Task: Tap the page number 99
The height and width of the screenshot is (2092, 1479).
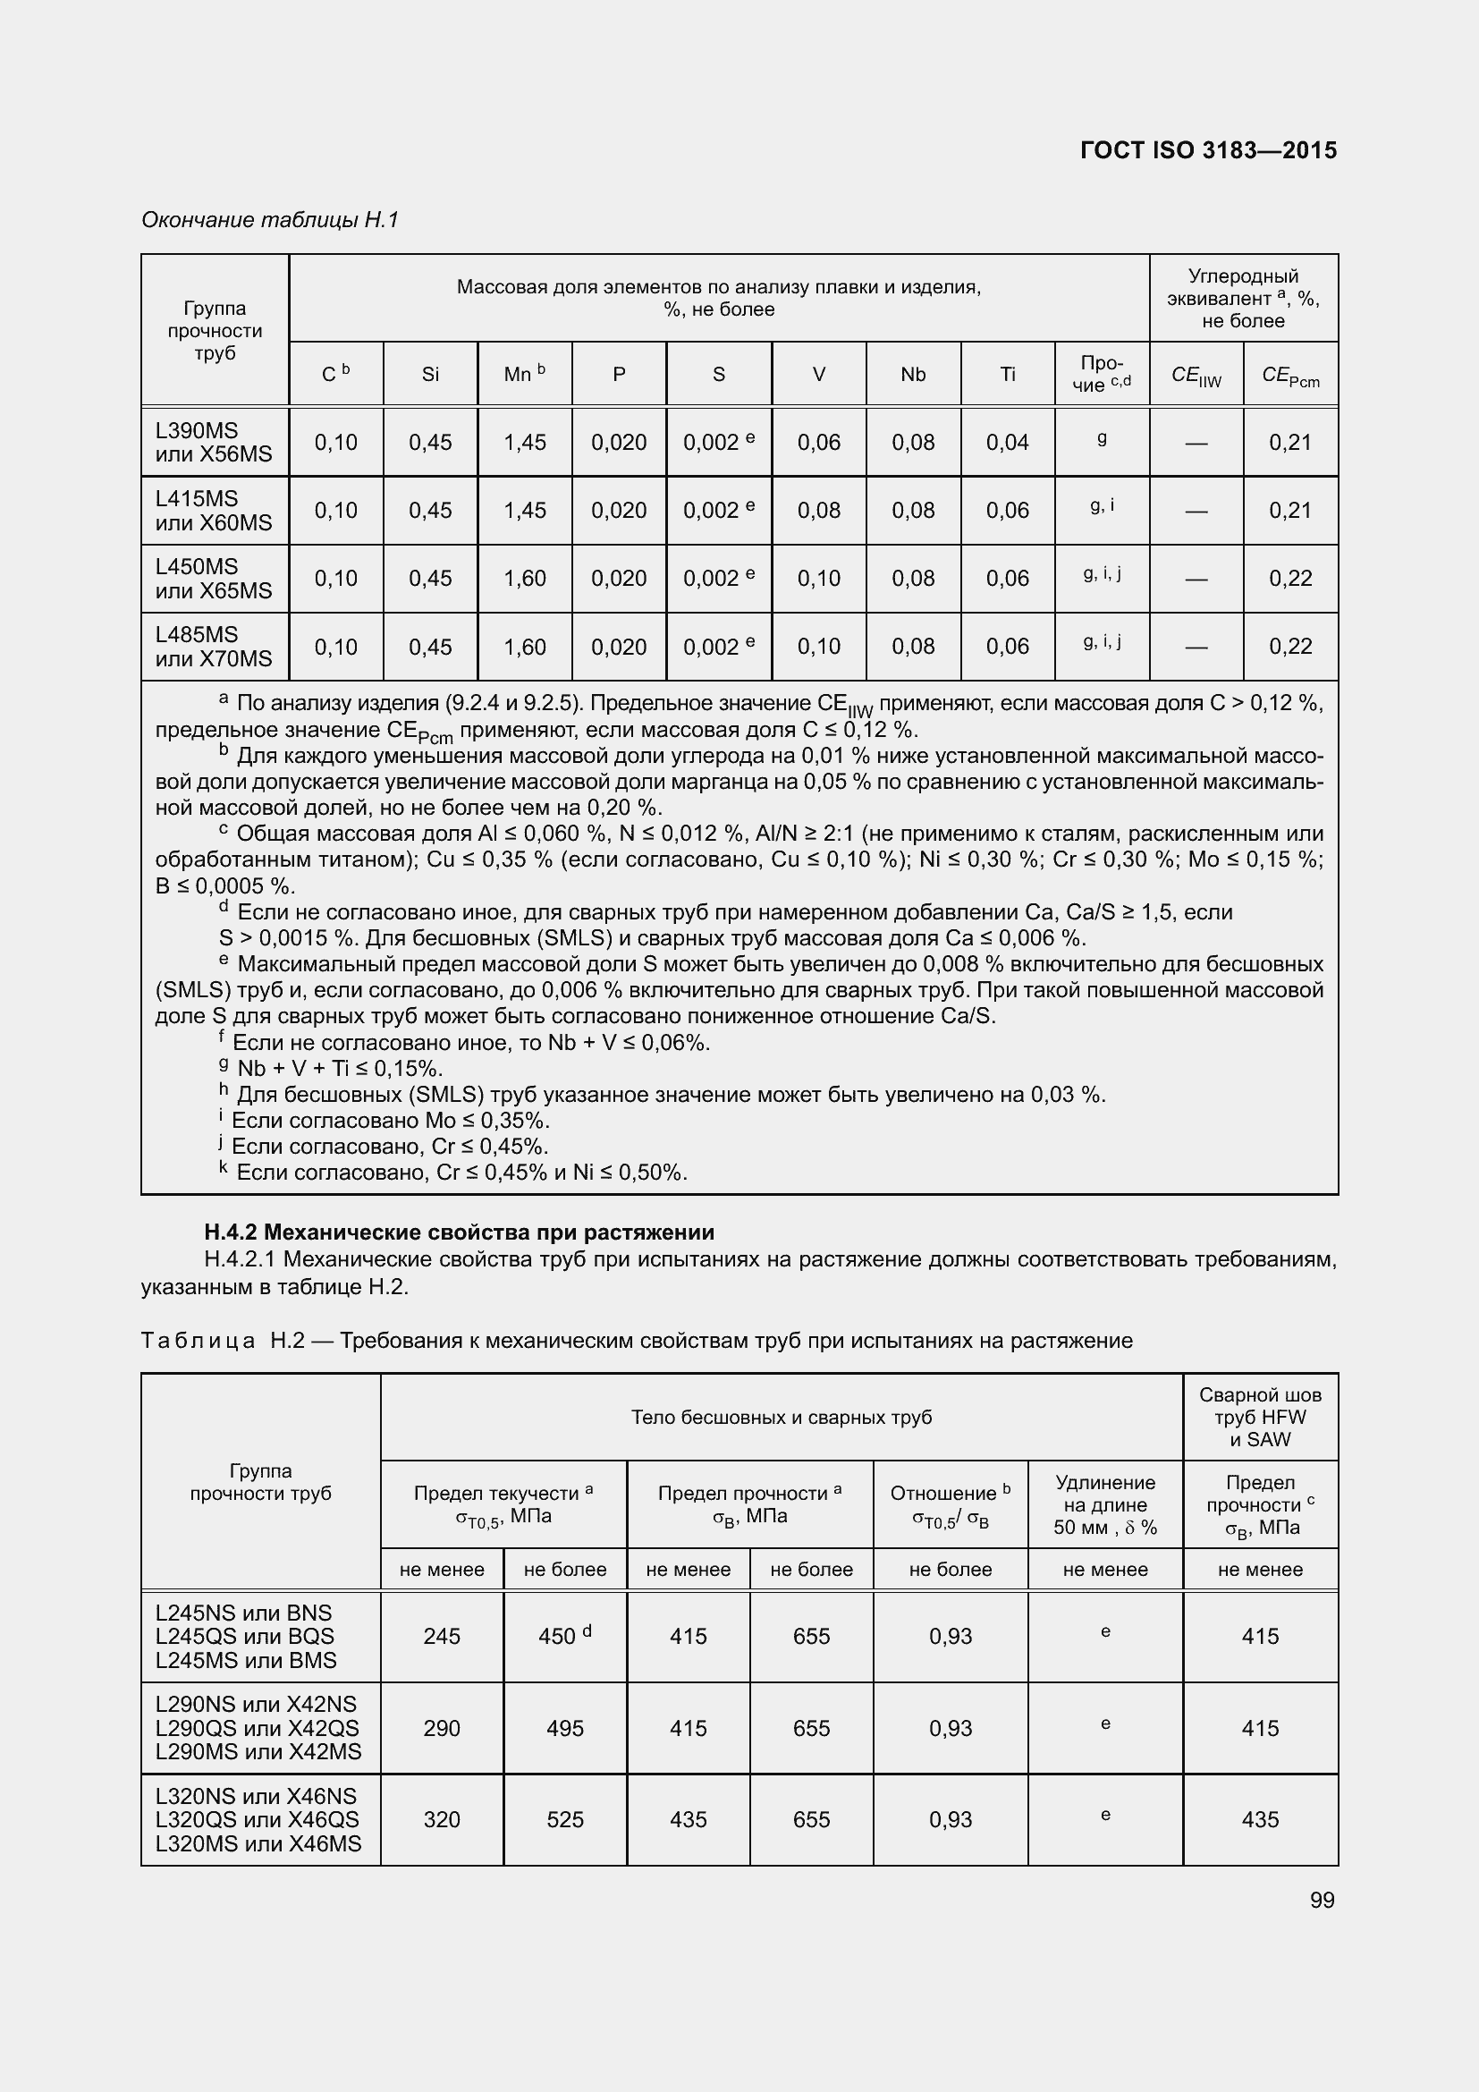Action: click(x=1322, y=1899)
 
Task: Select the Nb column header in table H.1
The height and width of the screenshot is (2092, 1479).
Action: click(x=913, y=375)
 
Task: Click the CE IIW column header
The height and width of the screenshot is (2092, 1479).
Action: click(x=1196, y=377)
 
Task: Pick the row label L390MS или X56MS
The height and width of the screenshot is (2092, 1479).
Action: click(x=213, y=442)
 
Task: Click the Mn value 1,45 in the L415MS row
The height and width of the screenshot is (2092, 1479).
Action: click(x=525, y=510)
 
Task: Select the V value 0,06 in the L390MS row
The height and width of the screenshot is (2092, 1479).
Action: click(x=818, y=442)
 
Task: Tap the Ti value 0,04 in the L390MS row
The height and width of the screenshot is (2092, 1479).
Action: click(x=1007, y=442)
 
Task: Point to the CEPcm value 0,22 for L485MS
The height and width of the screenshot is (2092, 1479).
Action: click(x=1289, y=646)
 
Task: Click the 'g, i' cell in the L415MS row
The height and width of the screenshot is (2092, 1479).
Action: click(x=1101, y=505)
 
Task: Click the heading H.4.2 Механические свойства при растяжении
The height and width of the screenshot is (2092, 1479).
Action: click(x=459, y=1232)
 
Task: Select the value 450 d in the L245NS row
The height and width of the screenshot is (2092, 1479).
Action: click(x=564, y=1636)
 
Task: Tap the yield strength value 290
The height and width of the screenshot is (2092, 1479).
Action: click(x=442, y=1728)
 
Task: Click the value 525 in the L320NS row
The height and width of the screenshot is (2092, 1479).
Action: click(x=564, y=1819)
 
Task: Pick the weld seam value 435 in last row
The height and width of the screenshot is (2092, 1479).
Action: click(x=1260, y=1819)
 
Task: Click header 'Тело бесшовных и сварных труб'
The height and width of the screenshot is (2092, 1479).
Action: click(x=781, y=1417)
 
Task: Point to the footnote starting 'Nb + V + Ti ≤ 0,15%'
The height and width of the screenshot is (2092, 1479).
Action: click(x=339, y=1068)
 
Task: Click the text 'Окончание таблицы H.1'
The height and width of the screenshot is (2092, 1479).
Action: click(x=269, y=220)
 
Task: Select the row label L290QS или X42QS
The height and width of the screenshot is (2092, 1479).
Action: click(x=257, y=1728)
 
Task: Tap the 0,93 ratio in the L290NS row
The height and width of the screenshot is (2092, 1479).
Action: click(x=950, y=1728)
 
